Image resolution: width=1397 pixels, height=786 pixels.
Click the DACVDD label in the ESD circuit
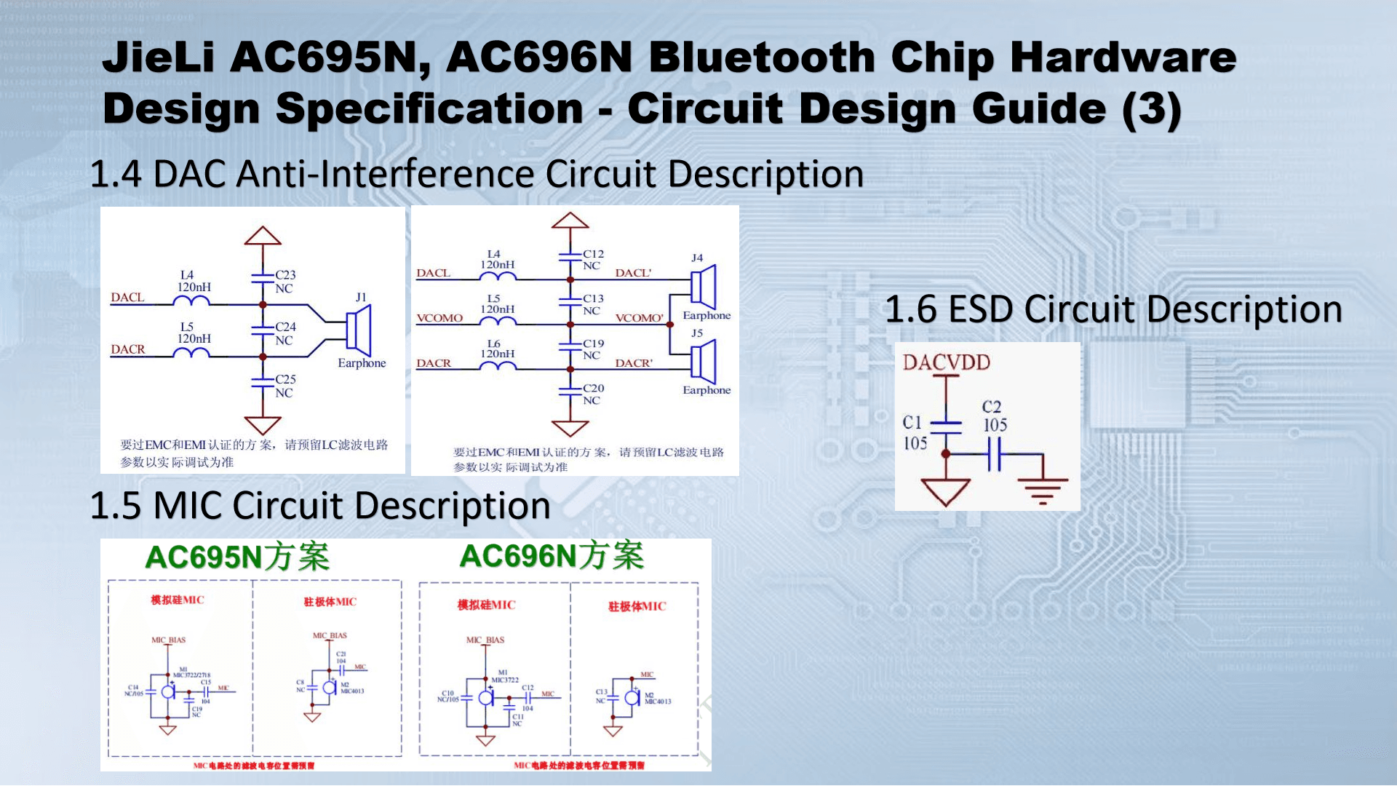pos(946,362)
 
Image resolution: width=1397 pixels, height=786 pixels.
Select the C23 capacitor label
pos(285,275)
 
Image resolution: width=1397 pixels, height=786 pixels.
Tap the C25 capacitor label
pos(285,379)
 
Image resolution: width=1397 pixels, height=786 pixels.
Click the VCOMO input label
pos(439,318)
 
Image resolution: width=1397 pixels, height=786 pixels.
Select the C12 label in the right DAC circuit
pos(593,254)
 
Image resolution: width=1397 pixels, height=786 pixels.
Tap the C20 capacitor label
pos(593,389)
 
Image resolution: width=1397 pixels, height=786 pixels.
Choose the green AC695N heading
pos(237,557)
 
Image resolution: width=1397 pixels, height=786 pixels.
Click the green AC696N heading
pos(552,556)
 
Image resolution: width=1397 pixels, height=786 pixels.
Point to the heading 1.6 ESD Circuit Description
pos(1113,309)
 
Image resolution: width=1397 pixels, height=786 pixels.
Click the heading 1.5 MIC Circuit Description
pos(320,506)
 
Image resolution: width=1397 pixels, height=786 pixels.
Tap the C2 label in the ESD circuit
pos(992,407)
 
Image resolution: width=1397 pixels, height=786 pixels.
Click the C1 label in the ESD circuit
pos(912,423)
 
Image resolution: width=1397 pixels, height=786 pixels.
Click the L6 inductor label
pos(494,344)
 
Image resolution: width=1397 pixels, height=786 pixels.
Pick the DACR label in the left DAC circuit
pos(128,349)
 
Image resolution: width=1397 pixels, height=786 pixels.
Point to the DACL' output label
pos(633,273)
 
